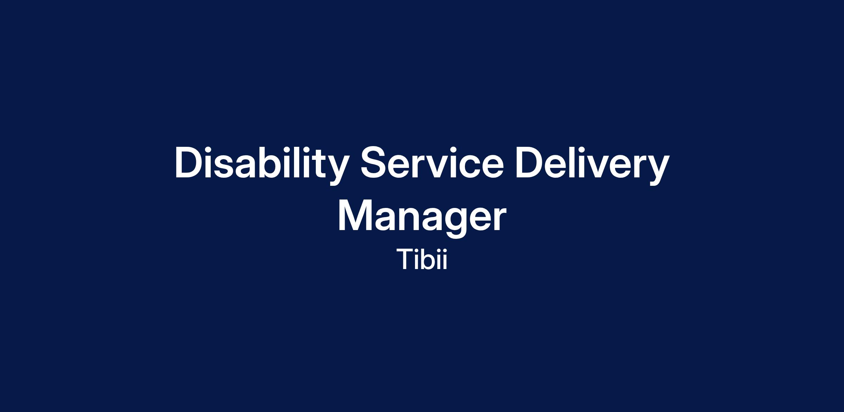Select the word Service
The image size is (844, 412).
click(432, 163)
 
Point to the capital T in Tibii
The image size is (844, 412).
click(405, 259)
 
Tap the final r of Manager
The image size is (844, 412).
click(499, 218)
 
